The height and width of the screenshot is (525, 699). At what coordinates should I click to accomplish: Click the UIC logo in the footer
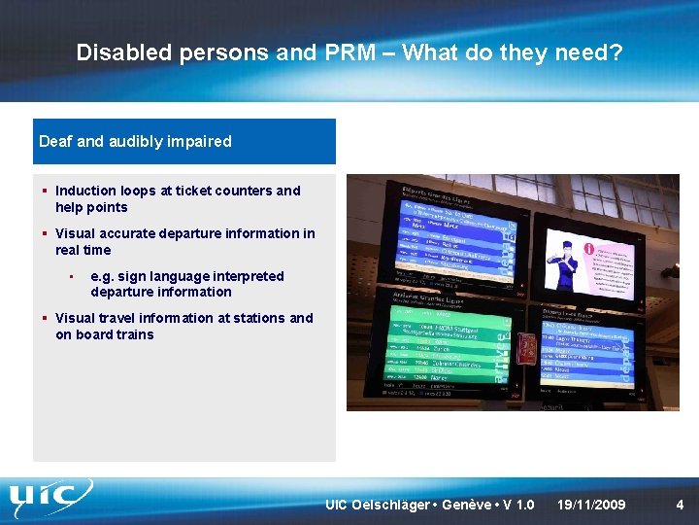pos(50,500)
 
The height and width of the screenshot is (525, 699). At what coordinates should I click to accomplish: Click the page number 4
pos(680,505)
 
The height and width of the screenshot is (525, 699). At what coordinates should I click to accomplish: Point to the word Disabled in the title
pos(124,52)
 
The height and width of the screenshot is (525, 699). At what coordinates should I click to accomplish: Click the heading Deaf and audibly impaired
pos(135,142)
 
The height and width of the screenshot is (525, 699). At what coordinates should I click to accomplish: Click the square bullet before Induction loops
pos(45,191)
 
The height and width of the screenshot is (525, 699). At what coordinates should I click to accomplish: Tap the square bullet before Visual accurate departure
pos(45,233)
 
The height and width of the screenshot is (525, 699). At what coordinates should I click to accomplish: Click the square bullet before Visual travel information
pos(45,318)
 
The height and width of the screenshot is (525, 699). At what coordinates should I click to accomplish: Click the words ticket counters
pos(222,191)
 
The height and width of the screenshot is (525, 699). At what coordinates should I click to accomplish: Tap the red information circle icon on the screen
pos(589,249)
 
